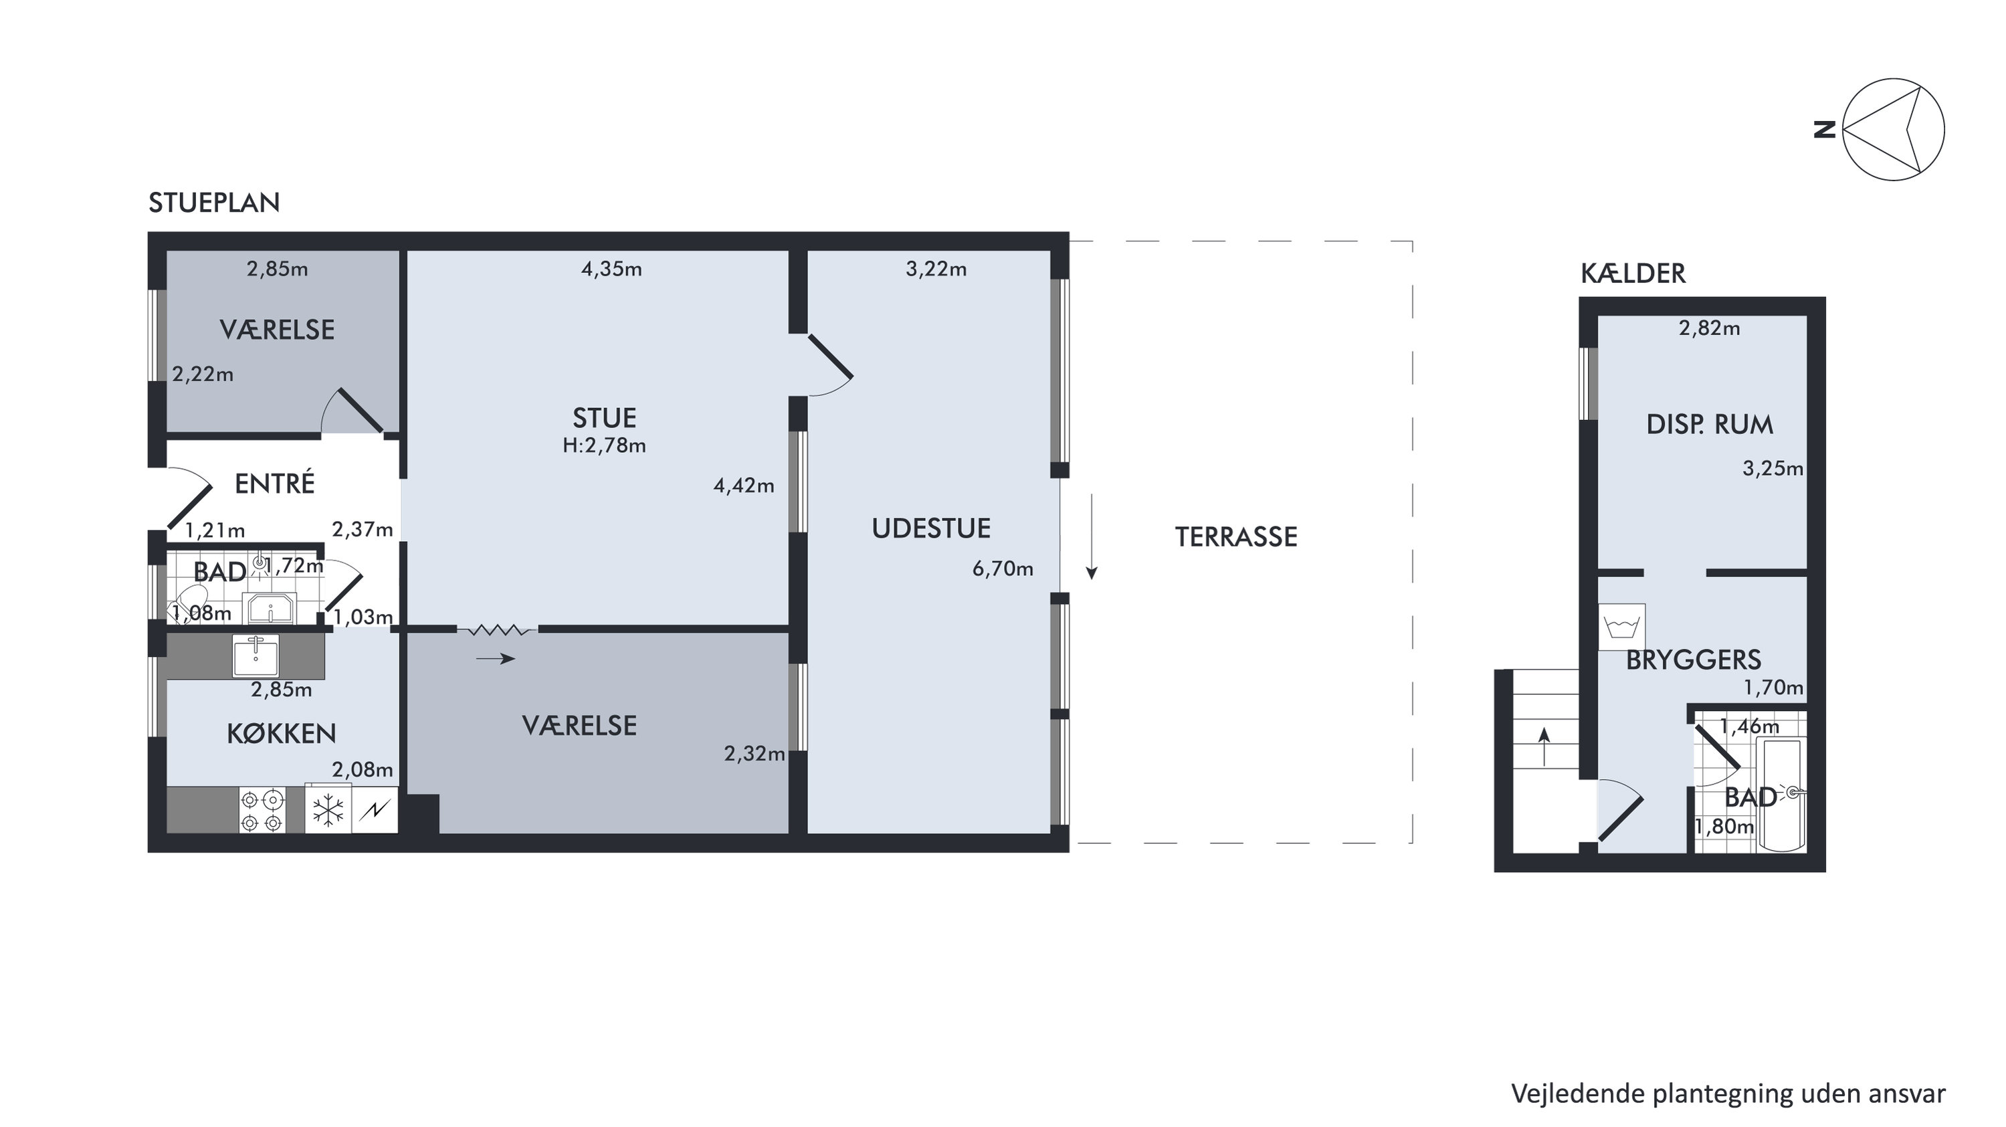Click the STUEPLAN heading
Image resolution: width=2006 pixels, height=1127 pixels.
coord(214,203)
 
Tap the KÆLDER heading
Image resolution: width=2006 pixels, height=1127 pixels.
coord(1633,274)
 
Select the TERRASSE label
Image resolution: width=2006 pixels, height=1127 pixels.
coord(1236,536)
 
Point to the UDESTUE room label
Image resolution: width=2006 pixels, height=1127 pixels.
coord(931,529)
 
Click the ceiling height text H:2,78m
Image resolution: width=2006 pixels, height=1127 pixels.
coord(604,445)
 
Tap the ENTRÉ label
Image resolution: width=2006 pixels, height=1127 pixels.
coord(275,483)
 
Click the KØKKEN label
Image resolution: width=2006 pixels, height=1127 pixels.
coord(281,733)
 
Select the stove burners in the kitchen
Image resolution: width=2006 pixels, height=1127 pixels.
coord(262,811)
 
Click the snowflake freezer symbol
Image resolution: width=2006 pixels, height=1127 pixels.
coord(328,810)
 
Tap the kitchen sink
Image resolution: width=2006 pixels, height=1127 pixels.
coord(256,655)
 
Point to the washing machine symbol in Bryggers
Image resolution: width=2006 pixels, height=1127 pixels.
coord(1621,627)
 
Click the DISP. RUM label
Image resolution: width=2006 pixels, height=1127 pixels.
coord(1709,425)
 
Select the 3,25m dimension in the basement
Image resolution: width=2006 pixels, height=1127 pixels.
coord(1773,469)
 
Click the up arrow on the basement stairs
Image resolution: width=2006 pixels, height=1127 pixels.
coord(1544,746)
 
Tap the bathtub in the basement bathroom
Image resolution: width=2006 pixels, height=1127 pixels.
coord(1781,795)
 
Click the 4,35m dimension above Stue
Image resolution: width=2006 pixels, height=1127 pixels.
coord(611,270)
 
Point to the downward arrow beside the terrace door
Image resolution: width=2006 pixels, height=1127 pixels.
coord(1092,536)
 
